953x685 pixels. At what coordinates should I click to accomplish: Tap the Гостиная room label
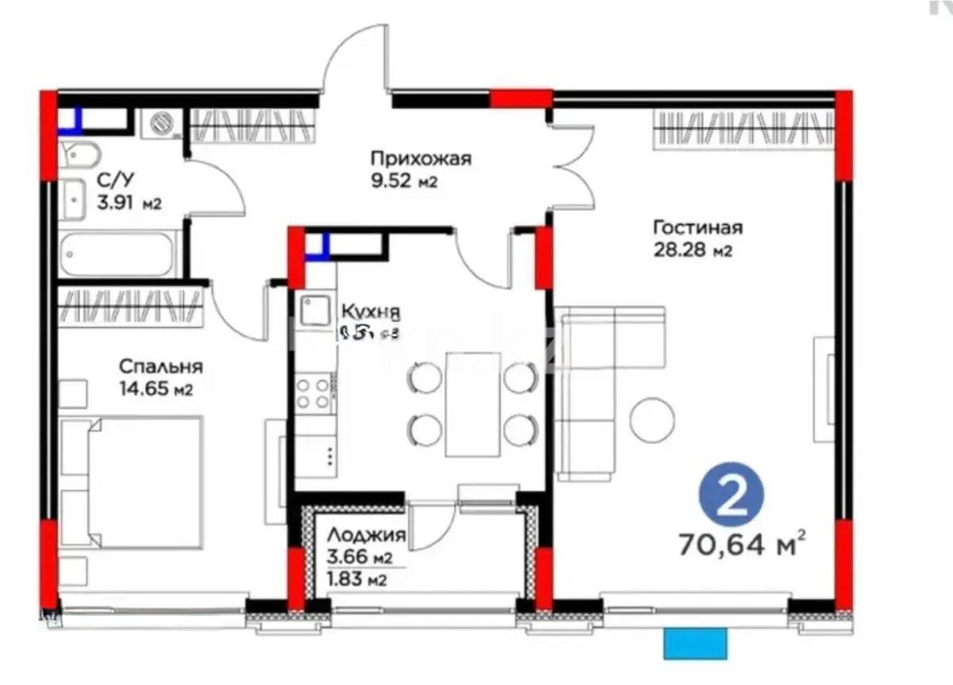[697, 228]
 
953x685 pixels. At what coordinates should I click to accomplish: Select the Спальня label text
[160, 367]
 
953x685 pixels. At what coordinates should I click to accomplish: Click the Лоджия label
[366, 536]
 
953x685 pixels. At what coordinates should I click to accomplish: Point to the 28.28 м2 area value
[692, 251]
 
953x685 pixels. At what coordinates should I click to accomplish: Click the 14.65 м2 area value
[156, 389]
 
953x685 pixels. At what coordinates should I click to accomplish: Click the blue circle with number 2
[731, 497]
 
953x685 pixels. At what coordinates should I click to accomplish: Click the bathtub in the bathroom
[117, 253]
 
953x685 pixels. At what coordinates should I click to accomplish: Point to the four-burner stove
[313, 393]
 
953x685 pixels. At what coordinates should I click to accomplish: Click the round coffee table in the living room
[652, 420]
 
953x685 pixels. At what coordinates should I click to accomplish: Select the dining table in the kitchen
[473, 404]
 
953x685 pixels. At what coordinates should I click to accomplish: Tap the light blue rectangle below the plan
[695, 643]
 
